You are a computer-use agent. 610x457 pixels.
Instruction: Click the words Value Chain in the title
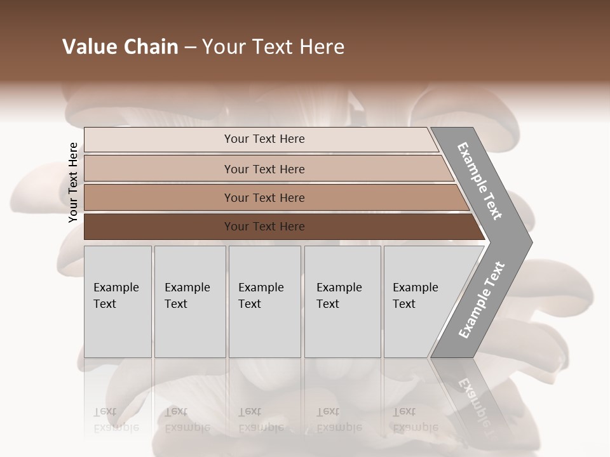tap(120, 47)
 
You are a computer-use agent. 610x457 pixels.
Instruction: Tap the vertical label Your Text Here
tap(73, 182)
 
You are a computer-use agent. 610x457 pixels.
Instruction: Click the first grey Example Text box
tap(118, 301)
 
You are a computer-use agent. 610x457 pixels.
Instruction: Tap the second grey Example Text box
tap(190, 301)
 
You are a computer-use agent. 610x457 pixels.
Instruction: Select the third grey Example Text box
tap(264, 301)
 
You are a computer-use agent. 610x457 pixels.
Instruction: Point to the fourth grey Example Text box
tap(342, 301)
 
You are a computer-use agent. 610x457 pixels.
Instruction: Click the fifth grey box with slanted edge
tap(419, 301)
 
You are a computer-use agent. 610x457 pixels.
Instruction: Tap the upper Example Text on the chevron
tap(480, 181)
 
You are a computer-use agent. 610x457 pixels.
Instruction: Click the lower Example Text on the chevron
tap(481, 300)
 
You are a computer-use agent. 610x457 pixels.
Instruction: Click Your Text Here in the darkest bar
tap(264, 227)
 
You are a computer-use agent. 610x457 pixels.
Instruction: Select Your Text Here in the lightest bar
tap(264, 139)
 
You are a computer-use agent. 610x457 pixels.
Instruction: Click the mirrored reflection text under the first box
tap(116, 420)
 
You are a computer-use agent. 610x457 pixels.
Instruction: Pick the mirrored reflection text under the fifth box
tap(415, 420)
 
